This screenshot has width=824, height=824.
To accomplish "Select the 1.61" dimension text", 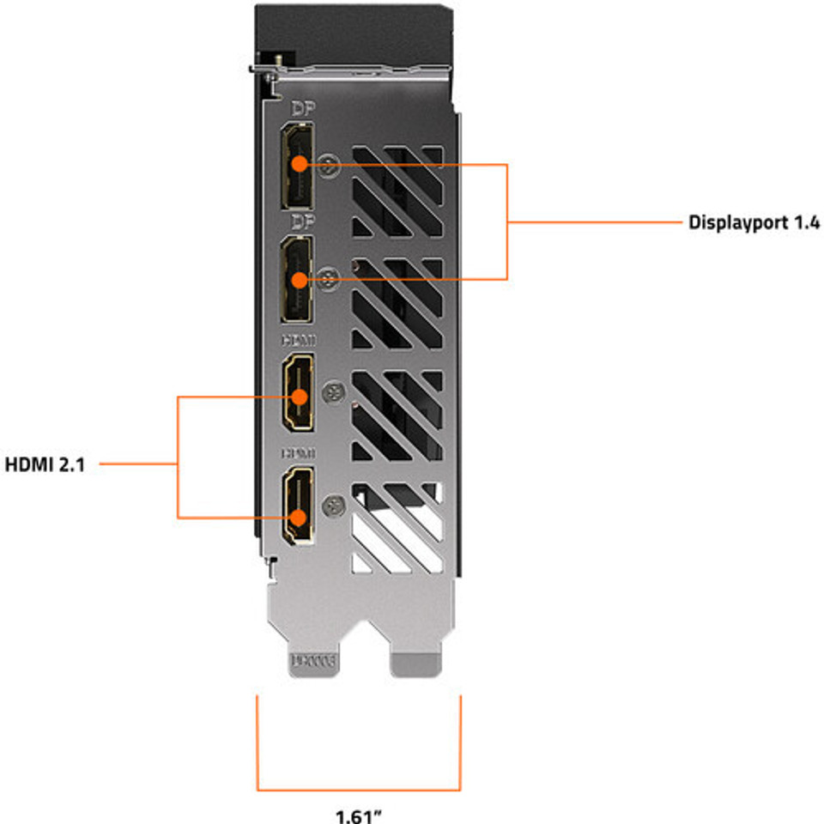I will [x=359, y=815].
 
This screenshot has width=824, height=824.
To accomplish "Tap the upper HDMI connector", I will [x=298, y=397].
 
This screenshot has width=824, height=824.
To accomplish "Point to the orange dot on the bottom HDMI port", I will [x=299, y=518].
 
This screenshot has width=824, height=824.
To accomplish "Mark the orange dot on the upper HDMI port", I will [x=300, y=397].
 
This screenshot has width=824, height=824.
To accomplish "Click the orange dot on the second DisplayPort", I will [x=299, y=279].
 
